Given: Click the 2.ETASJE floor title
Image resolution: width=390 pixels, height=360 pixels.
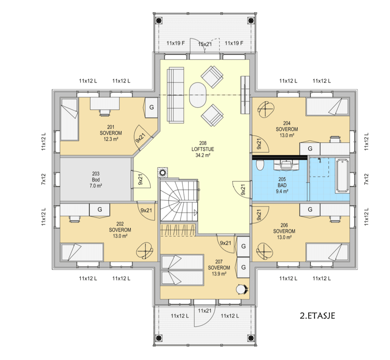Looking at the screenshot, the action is click(x=317, y=316).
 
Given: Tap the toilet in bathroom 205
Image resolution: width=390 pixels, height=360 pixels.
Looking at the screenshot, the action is click(x=260, y=165).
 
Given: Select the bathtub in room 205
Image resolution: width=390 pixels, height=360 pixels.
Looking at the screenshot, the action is click(x=343, y=176).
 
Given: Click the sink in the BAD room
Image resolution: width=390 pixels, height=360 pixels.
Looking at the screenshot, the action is click(x=286, y=165).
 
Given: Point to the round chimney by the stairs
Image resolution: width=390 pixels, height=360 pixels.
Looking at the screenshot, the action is click(x=163, y=173).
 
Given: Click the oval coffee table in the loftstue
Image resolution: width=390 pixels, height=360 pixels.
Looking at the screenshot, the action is click(x=198, y=95).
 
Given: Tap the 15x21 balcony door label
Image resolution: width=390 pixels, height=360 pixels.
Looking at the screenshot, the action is click(x=205, y=44).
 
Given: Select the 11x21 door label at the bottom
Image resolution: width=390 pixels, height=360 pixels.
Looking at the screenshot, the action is click(x=205, y=311).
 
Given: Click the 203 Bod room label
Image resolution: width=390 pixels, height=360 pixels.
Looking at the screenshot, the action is click(x=96, y=177).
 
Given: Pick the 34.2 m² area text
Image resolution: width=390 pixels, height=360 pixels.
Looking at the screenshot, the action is click(x=203, y=155).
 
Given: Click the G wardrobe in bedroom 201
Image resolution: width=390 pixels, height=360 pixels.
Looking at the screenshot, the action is click(x=151, y=107).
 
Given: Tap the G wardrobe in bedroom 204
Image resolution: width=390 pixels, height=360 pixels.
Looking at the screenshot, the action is click(x=310, y=149).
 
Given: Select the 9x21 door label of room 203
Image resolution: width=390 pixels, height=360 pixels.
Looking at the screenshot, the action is click(x=140, y=179).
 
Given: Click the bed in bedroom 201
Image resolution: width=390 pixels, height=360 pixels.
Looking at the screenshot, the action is click(x=70, y=119).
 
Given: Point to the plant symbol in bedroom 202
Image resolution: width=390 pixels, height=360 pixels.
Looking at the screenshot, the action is click(x=145, y=251).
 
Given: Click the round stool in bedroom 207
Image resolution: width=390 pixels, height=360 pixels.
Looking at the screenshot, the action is click(x=241, y=289).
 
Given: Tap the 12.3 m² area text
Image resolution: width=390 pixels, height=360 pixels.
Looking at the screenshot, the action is click(x=111, y=139).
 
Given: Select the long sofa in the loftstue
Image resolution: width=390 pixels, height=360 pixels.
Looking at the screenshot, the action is click(x=176, y=95).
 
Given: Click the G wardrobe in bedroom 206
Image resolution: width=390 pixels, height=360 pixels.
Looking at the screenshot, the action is click(x=310, y=210).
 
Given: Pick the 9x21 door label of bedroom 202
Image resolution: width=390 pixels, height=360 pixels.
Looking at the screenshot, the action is click(x=146, y=211).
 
